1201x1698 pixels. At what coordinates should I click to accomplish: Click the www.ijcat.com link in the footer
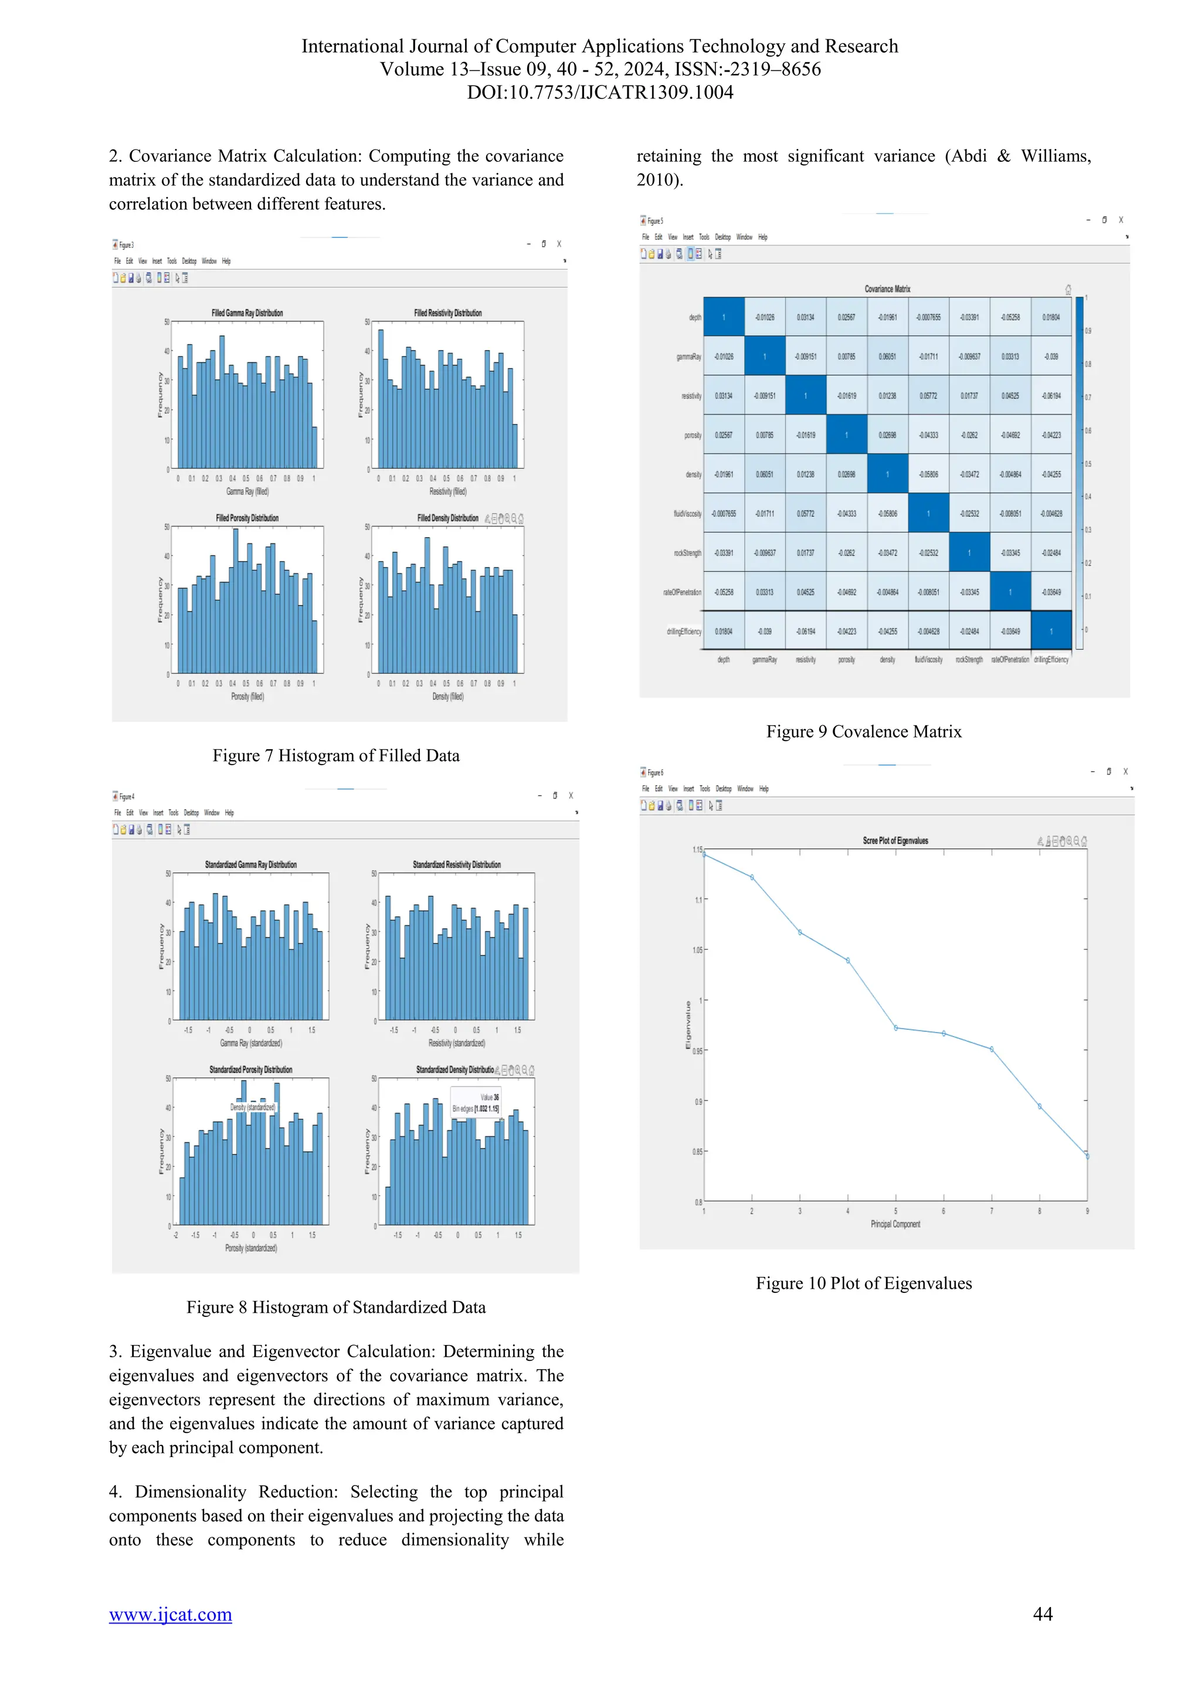(x=170, y=1614)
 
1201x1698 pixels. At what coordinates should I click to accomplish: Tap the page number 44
(x=1042, y=1614)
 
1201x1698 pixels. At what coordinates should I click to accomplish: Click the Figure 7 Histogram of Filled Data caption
(x=336, y=755)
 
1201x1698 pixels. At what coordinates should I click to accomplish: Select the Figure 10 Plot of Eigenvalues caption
(x=863, y=1283)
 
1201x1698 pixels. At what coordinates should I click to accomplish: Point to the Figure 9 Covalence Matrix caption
(x=863, y=731)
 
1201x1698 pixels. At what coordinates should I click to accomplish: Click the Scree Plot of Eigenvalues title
(x=895, y=841)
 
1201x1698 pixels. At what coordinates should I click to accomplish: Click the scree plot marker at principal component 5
(x=895, y=1028)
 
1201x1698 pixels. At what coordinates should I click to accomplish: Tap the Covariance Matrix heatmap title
(x=887, y=289)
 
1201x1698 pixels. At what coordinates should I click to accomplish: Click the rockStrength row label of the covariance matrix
(x=687, y=552)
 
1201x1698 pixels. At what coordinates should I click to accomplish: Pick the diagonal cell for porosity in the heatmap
(x=847, y=435)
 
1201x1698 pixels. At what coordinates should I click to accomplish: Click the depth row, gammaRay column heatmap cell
(x=765, y=317)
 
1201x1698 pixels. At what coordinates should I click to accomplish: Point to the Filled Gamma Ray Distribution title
(x=247, y=313)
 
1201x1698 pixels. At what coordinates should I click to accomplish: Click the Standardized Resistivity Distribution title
(x=456, y=864)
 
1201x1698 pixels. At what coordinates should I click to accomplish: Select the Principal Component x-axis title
(x=895, y=1224)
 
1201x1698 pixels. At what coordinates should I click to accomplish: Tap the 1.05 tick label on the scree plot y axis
(x=697, y=950)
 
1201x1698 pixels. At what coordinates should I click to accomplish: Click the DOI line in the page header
(x=600, y=93)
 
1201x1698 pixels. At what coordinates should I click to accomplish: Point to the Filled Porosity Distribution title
(x=247, y=518)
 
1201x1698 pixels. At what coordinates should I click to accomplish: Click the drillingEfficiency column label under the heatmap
(x=1051, y=660)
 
